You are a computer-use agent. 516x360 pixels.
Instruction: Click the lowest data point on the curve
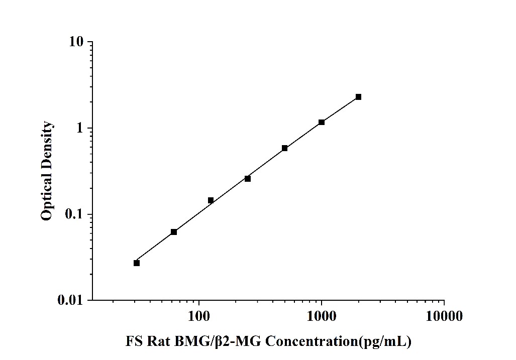pos(137,263)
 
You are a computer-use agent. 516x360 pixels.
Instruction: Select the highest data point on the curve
pos(358,97)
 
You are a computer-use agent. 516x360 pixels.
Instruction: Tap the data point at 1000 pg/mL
pos(322,122)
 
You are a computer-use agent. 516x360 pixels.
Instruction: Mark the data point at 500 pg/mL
pos(284,148)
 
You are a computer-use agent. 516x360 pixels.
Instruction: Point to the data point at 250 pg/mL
pos(248,179)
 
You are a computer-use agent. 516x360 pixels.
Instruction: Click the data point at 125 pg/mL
pos(211,200)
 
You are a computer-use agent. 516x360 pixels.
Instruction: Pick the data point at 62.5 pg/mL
pos(174,232)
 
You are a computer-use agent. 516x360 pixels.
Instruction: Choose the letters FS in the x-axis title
pos(133,342)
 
